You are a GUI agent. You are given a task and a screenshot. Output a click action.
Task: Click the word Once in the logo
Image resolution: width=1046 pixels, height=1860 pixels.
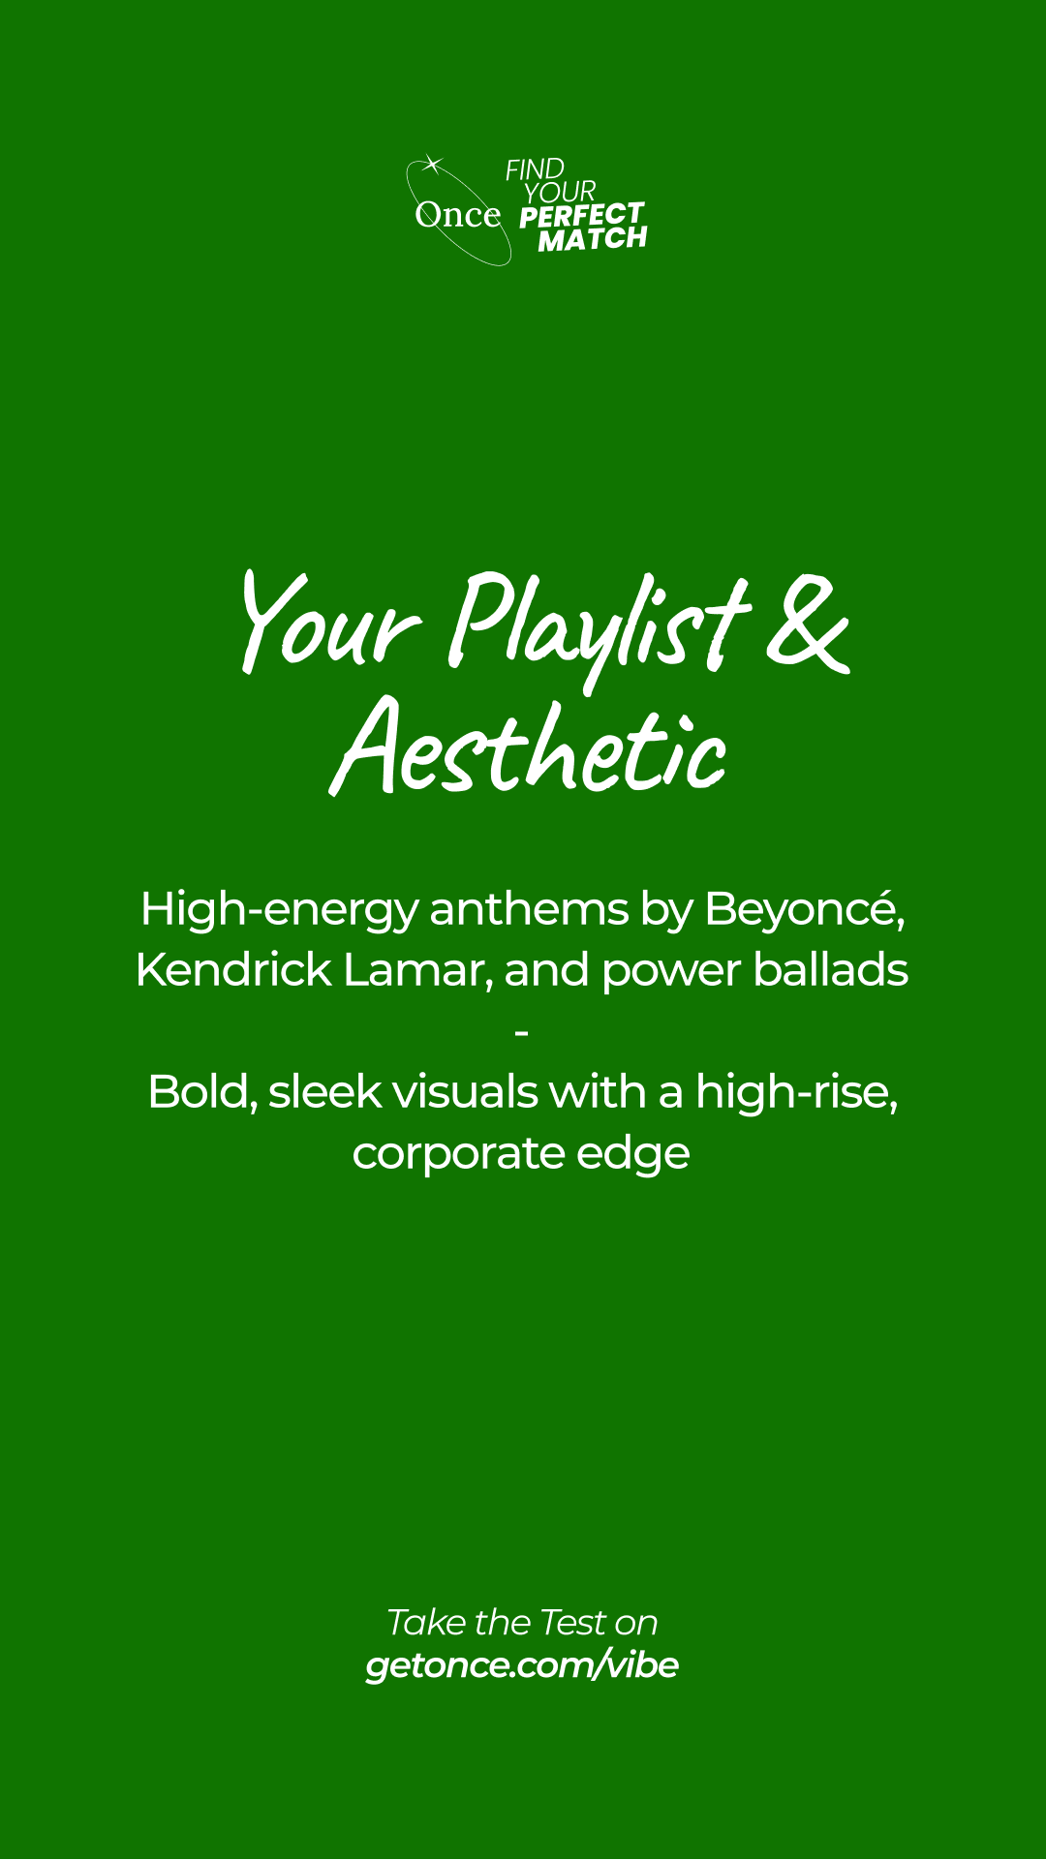point(458,215)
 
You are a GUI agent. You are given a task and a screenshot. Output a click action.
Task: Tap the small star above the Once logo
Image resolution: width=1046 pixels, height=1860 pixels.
point(432,165)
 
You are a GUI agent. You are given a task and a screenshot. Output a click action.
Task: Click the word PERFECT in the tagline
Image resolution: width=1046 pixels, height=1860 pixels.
point(582,215)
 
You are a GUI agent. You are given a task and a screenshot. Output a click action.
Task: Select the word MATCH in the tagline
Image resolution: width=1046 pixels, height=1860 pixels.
point(593,239)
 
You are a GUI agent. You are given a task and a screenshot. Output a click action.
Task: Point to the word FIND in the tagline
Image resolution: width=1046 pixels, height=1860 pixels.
point(535,169)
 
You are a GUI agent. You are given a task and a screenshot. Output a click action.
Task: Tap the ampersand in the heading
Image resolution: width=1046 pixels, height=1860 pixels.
point(809,624)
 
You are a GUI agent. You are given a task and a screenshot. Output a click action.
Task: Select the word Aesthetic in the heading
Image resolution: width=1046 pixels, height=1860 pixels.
point(528,747)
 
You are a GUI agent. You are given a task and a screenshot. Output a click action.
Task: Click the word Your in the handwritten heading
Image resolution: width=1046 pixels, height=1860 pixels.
point(330,621)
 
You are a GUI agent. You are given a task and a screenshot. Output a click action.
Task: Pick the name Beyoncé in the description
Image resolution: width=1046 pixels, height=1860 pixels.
point(805,910)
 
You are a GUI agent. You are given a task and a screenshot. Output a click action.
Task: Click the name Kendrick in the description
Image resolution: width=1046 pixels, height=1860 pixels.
point(233,970)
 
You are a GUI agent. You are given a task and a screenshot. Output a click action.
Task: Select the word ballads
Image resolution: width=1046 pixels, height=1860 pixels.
point(831,970)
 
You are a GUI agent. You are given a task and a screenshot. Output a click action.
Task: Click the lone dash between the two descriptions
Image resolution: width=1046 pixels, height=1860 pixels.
point(522,1034)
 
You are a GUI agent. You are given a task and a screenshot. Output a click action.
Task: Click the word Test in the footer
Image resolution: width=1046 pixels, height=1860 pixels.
point(571,1622)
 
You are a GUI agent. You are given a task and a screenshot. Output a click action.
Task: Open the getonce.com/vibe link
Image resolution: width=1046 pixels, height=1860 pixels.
point(522,1665)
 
